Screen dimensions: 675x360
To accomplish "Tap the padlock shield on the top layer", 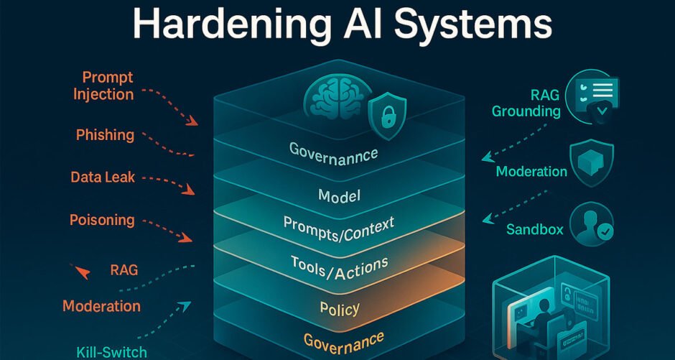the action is pyautogui.click(x=388, y=116).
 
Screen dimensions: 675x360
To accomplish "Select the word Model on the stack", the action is pyautogui.click(x=339, y=195).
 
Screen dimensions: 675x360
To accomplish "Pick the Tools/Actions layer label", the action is pyautogui.click(x=339, y=267).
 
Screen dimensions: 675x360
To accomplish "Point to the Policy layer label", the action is pyautogui.click(x=340, y=308).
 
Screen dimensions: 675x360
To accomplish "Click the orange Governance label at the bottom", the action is pyautogui.click(x=343, y=340).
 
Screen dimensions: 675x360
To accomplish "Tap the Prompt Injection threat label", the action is pyautogui.click(x=103, y=86).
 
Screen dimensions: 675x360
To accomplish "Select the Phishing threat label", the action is pyautogui.click(x=105, y=135).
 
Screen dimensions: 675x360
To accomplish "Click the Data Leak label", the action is pyautogui.click(x=103, y=177).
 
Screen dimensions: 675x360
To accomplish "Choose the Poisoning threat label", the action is pyautogui.click(x=102, y=221).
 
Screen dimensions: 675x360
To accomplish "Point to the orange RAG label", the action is pyautogui.click(x=124, y=270).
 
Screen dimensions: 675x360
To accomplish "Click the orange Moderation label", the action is pyautogui.click(x=101, y=306).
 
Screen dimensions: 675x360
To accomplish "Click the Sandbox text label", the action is pyautogui.click(x=535, y=229).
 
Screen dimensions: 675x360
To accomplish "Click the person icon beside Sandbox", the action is pyautogui.click(x=592, y=223).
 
